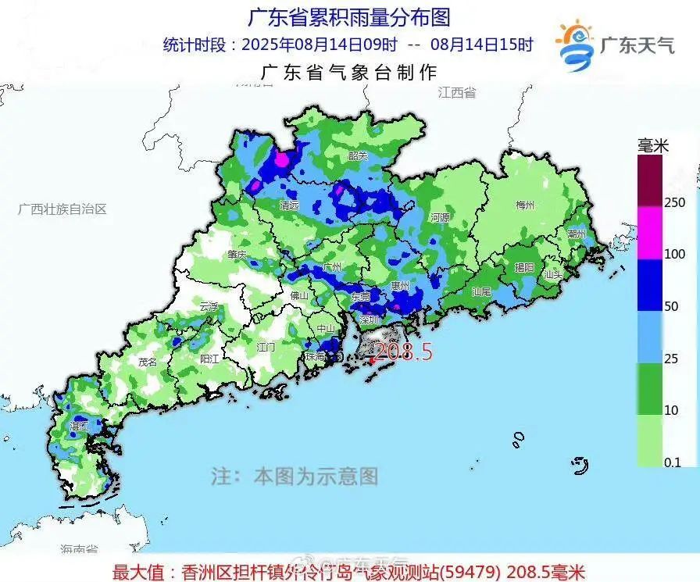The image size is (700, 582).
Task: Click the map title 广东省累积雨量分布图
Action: [x=349, y=16]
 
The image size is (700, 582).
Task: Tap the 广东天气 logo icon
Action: [x=575, y=45]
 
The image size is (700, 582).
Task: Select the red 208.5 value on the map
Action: [x=404, y=352]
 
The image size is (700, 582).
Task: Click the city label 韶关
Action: [x=358, y=155]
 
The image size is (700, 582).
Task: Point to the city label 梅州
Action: [x=525, y=205]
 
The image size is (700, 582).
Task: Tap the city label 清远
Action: [x=290, y=205]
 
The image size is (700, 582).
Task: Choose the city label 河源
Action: [x=441, y=218]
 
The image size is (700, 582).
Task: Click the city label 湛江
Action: [x=80, y=427]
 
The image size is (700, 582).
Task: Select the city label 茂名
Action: [x=148, y=362]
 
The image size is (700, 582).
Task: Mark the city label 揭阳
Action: [x=524, y=267]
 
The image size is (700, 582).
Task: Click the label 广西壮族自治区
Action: [x=62, y=209]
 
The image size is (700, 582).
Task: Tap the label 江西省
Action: [x=457, y=92]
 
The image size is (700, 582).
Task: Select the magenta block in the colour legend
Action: [x=649, y=232]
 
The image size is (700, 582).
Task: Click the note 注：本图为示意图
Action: [x=295, y=476]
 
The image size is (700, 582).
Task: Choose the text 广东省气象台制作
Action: [x=348, y=73]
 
